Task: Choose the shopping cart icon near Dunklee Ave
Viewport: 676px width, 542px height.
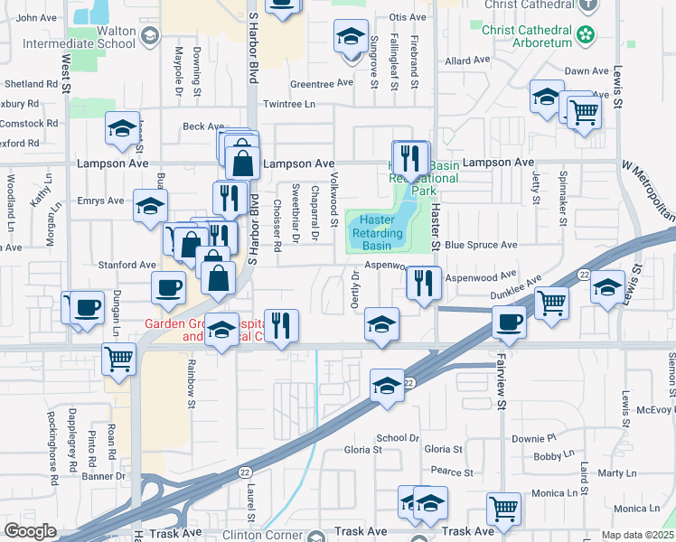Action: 551,302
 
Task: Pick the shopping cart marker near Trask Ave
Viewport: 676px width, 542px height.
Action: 502,507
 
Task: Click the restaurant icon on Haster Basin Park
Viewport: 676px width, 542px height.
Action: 411,158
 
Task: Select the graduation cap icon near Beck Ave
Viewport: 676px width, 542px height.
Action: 122,128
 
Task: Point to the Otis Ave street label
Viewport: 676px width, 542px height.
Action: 406,17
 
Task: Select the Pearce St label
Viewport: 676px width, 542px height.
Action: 452,472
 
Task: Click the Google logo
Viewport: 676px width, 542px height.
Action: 31,530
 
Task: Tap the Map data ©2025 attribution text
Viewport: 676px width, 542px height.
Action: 637,535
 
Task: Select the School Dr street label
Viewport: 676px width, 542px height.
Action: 398,437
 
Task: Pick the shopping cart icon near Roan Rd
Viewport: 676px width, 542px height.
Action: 118,359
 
